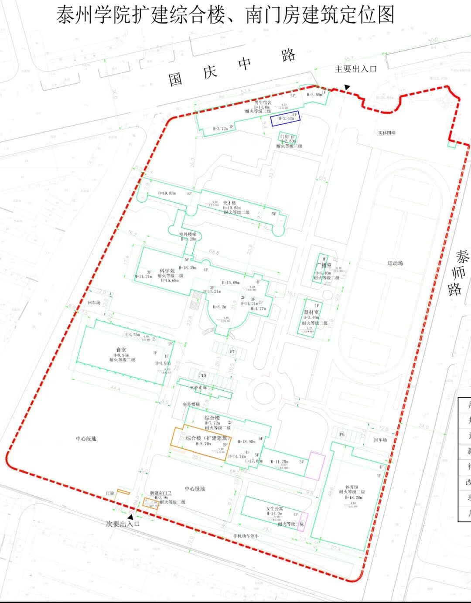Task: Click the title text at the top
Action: (225, 15)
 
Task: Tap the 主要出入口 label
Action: (355, 69)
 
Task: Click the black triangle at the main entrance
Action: (347, 88)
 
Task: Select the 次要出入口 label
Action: (123, 524)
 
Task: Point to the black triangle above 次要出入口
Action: (130, 517)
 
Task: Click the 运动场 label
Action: (395, 263)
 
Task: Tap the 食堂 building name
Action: (121, 350)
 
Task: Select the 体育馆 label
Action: (352, 487)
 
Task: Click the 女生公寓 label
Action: (274, 509)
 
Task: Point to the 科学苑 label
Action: (167, 271)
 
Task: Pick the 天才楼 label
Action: (229, 203)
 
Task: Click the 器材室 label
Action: (311, 312)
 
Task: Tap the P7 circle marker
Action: (232, 351)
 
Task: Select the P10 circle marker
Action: (202, 375)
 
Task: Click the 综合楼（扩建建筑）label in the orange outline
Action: (206, 438)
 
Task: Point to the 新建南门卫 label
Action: (160, 493)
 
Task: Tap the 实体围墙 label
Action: (387, 133)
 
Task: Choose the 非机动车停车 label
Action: (246, 536)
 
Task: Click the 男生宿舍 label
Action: (263, 102)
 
